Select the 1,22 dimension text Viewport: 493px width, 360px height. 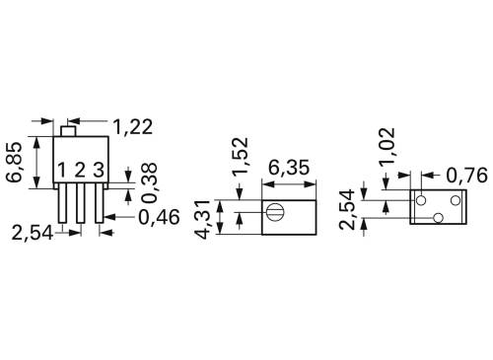point(133,126)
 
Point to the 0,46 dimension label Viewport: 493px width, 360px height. point(158,216)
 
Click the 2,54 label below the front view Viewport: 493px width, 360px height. point(33,233)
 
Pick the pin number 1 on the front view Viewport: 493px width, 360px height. point(61,171)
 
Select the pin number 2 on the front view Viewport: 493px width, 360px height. point(80,171)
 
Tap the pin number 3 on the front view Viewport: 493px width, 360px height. point(99,171)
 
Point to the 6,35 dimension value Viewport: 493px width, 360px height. point(287,168)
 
